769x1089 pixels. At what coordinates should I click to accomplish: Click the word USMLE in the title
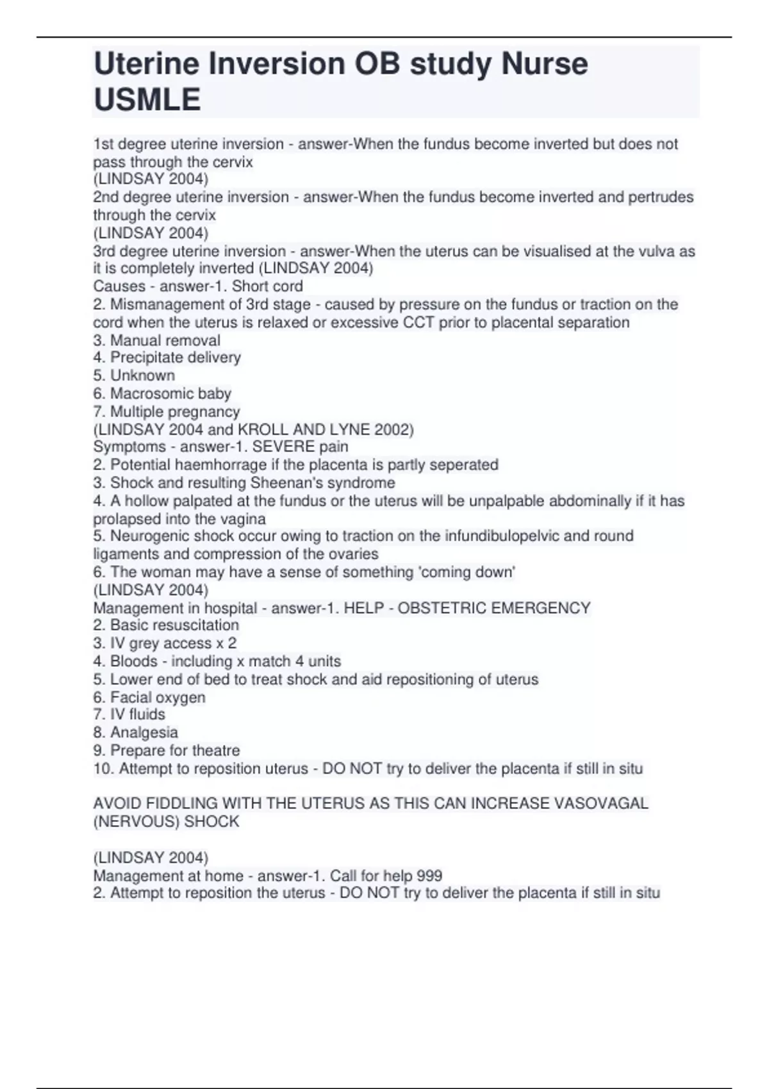(x=147, y=99)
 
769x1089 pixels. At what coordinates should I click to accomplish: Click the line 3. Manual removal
(x=157, y=340)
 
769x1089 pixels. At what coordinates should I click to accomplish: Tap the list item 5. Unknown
(x=134, y=375)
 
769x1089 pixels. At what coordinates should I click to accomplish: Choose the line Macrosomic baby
(x=162, y=393)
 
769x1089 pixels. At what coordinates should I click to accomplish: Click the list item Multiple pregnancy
(x=167, y=411)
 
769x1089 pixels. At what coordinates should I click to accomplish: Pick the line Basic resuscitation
(x=166, y=625)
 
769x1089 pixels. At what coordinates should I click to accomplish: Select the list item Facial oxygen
(x=149, y=697)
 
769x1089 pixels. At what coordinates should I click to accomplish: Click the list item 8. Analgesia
(x=136, y=732)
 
